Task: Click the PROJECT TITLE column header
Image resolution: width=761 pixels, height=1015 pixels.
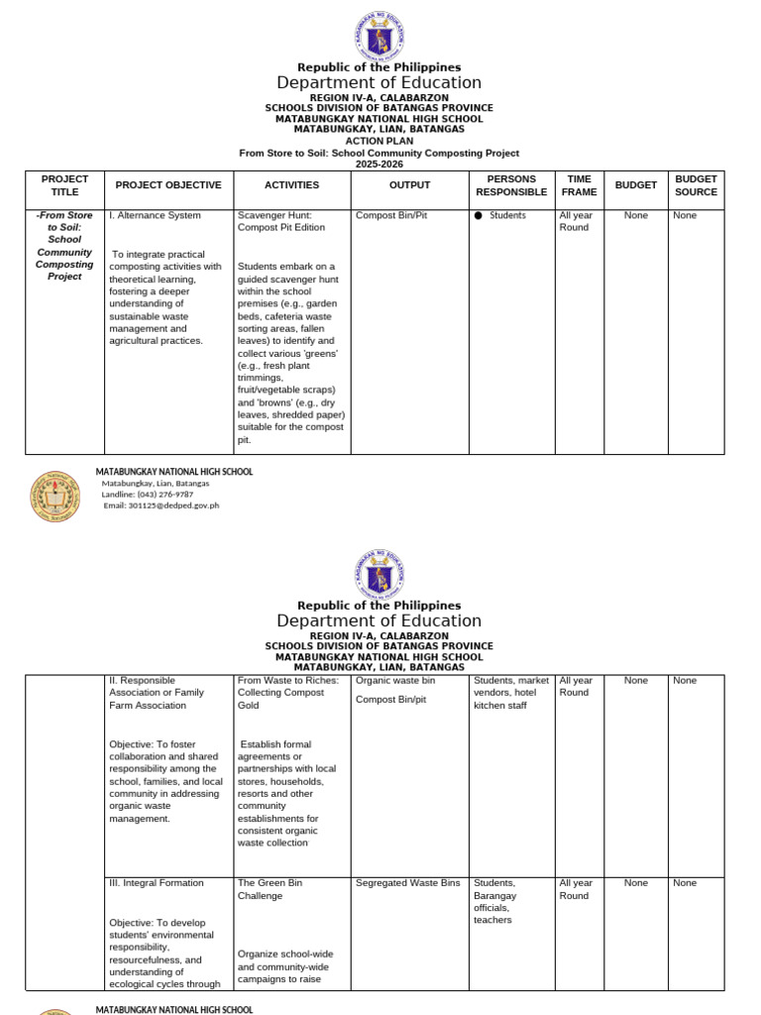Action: click(x=64, y=185)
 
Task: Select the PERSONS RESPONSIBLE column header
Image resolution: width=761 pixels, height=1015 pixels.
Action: click(x=511, y=185)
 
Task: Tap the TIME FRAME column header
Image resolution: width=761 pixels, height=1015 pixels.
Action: click(x=579, y=185)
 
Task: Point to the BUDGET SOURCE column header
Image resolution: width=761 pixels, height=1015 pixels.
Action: click(x=696, y=185)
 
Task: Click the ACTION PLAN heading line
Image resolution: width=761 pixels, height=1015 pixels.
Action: click(x=379, y=141)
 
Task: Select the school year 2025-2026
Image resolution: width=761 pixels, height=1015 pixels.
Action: click(x=379, y=165)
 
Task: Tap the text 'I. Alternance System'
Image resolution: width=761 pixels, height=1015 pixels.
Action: click(x=155, y=215)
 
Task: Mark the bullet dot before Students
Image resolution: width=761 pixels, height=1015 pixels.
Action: click(x=478, y=215)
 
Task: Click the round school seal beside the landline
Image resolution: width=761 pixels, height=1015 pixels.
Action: click(x=55, y=496)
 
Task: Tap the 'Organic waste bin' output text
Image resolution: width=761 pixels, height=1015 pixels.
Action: click(x=394, y=681)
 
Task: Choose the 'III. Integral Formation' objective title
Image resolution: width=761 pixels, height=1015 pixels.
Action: click(x=157, y=883)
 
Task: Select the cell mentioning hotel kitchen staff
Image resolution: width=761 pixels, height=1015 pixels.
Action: click(x=510, y=693)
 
